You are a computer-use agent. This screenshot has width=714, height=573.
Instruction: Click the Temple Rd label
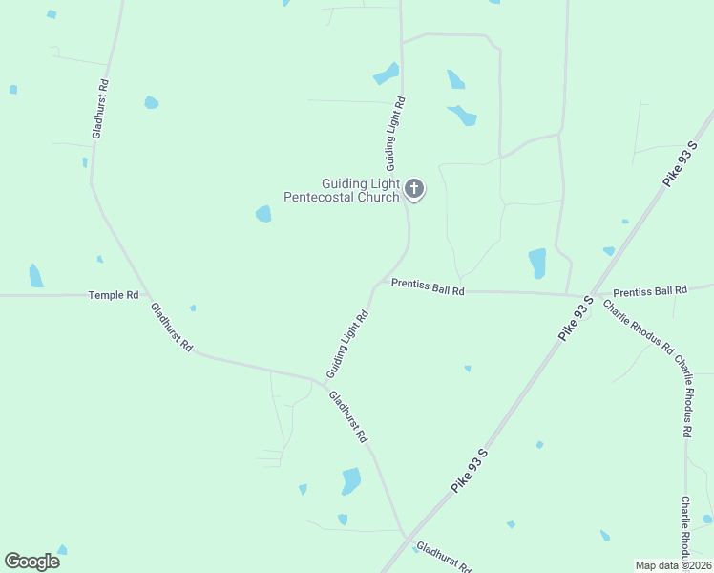tap(114, 295)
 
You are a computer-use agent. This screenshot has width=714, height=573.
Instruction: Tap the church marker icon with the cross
tap(414, 189)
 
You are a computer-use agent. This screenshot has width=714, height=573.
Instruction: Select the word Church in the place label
tap(377, 198)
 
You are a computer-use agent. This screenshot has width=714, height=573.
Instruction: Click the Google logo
tap(31, 562)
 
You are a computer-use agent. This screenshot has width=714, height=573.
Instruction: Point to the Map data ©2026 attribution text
tap(672, 565)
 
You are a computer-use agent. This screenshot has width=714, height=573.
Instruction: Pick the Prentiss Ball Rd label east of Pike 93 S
tap(650, 290)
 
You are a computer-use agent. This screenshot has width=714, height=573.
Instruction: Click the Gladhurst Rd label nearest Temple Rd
tap(171, 328)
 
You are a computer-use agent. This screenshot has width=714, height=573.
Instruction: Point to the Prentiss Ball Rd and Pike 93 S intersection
tap(591, 294)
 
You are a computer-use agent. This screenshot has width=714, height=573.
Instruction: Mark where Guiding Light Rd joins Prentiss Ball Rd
tap(375, 285)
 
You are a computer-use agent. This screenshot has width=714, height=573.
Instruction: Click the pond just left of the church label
tap(263, 214)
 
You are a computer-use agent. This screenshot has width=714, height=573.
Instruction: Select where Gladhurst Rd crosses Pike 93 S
tap(407, 538)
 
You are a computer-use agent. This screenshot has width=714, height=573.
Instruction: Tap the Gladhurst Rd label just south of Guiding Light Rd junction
tap(348, 417)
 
